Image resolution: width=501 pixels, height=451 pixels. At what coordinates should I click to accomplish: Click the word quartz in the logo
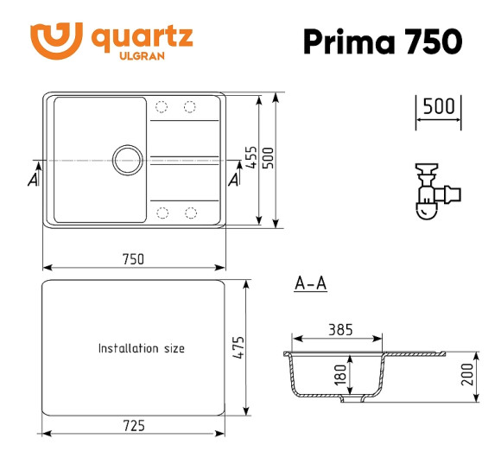[142, 37]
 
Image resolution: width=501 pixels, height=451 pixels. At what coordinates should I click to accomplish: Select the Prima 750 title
[382, 40]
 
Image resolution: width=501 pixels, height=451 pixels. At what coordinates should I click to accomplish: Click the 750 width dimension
[132, 258]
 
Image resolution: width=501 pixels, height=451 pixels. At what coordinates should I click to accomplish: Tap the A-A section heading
[310, 283]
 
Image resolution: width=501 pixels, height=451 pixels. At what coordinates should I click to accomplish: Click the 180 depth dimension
[340, 374]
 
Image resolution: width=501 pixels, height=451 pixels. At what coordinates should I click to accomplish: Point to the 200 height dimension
[468, 375]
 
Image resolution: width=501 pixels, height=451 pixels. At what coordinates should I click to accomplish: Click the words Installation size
[141, 349]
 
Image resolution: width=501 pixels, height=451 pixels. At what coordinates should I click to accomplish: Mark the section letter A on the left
[33, 179]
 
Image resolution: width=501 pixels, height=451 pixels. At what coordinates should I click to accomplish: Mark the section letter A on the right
[234, 179]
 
